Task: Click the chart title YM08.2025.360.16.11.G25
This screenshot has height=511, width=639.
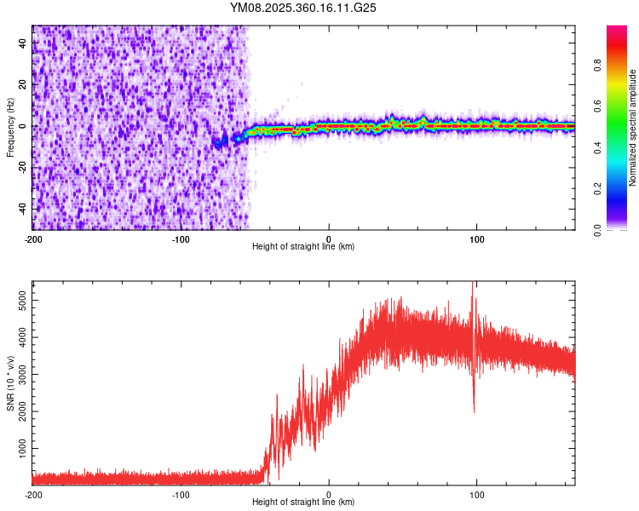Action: click(x=303, y=8)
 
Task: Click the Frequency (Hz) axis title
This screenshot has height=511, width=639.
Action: click(x=10, y=127)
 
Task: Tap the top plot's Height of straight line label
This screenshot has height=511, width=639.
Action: click(x=303, y=247)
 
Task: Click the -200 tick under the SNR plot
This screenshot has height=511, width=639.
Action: click(x=32, y=495)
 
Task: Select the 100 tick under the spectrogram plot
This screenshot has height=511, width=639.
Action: click(x=477, y=239)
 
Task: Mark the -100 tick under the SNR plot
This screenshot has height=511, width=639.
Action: click(x=181, y=495)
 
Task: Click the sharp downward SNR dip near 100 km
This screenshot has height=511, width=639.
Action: click(x=474, y=411)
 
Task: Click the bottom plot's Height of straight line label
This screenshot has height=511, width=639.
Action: click(x=303, y=502)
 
